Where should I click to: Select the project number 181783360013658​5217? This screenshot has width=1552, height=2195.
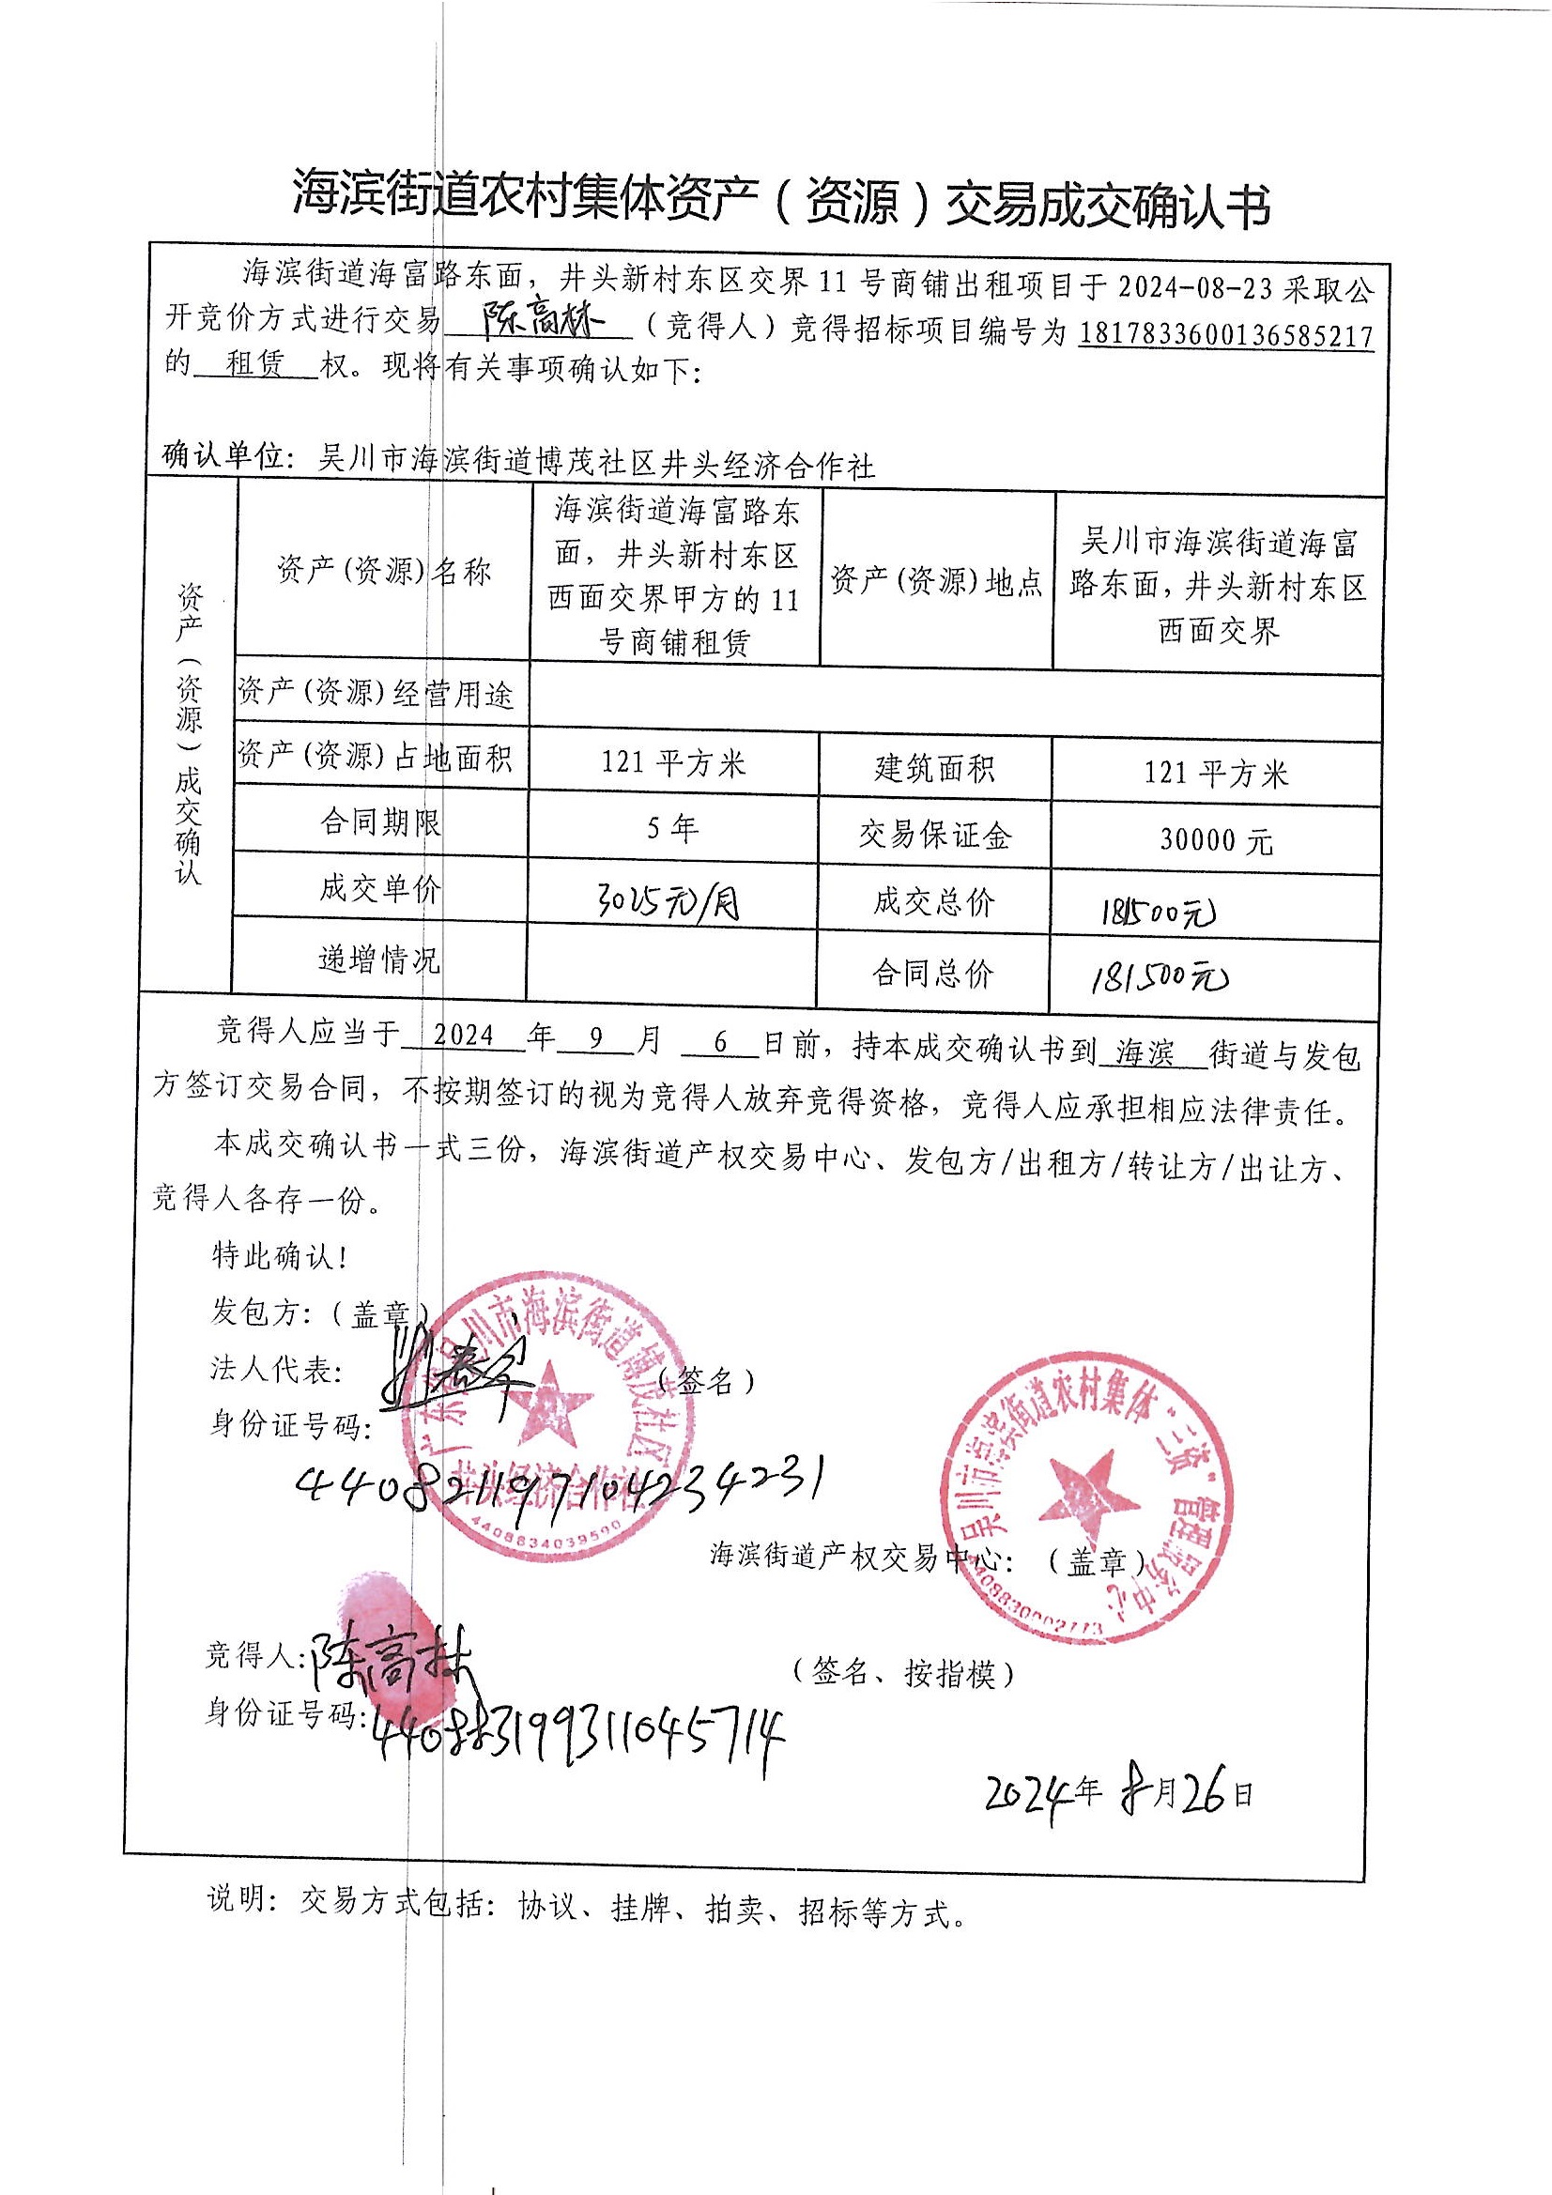pos(1226,334)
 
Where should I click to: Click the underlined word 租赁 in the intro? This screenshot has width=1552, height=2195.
pos(254,364)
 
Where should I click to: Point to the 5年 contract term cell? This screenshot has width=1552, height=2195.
pos(672,828)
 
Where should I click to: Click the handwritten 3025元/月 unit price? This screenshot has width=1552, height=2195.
pos(668,901)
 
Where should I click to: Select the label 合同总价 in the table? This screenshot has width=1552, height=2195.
pos(932,975)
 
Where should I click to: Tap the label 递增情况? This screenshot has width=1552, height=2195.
pos(379,959)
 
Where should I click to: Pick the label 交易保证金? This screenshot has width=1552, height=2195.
pos(934,836)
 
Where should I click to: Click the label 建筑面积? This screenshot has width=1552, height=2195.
pos(934,768)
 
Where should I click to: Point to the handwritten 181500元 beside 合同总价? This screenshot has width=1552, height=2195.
pos(1159,976)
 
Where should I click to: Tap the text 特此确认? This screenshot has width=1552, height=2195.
pos(278,1255)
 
